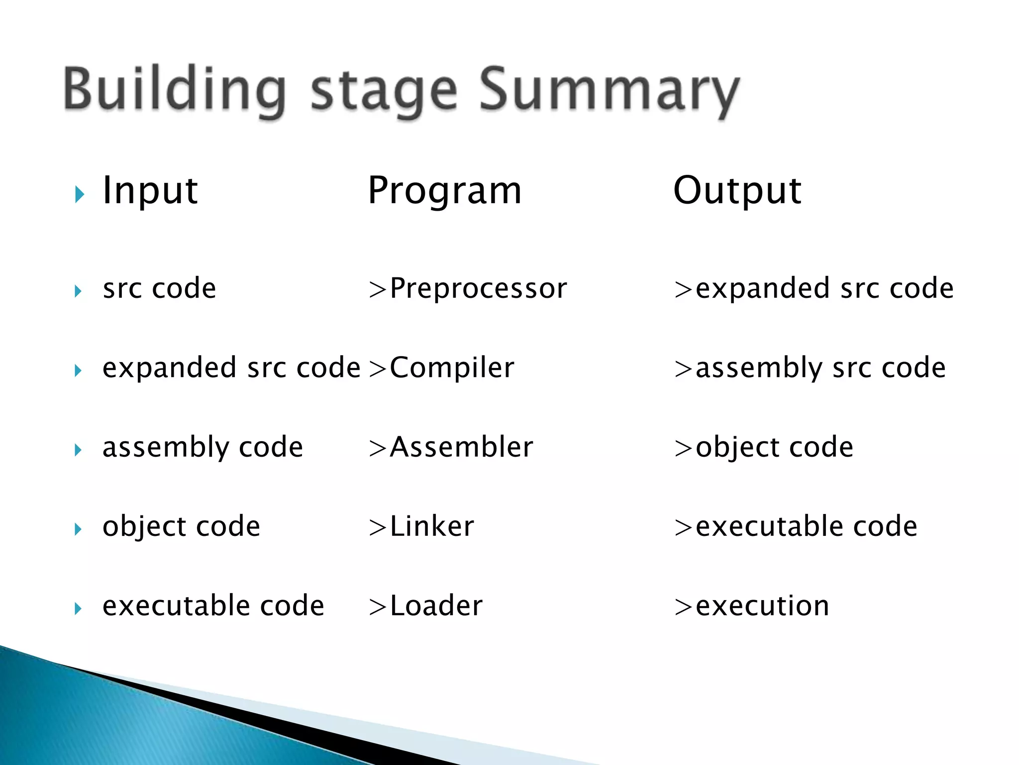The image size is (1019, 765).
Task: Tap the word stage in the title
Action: tap(383, 92)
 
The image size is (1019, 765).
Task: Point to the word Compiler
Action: tap(451, 368)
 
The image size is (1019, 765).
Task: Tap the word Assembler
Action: tap(461, 447)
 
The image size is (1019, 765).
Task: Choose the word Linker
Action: tap(431, 526)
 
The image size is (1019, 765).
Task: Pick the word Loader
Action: tap(436, 606)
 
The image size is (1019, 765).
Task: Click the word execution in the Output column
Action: tap(762, 606)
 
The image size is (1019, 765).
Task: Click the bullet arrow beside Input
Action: tap(79, 194)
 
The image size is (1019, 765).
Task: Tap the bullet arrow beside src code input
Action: tap(78, 291)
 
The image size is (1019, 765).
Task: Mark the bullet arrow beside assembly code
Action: tap(78, 450)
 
